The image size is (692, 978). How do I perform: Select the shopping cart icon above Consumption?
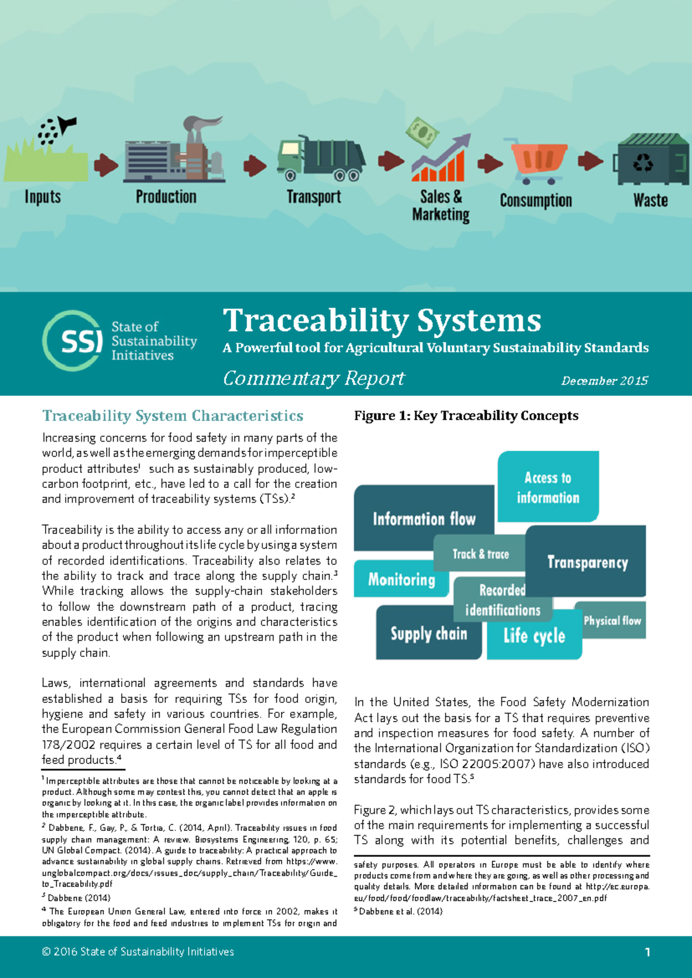tap(537, 160)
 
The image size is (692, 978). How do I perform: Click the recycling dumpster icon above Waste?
tap(652, 160)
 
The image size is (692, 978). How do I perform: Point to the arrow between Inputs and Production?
tap(106, 165)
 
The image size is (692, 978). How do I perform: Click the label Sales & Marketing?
tap(441, 206)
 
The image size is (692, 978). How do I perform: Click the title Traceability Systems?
tap(382, 321)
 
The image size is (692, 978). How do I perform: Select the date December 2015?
tap(604, 381)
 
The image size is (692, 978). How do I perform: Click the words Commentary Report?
tap(314, 378)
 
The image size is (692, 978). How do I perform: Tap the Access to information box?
tap(548, 487)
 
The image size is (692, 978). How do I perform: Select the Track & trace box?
tap(480, 554)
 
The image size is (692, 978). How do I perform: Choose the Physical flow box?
tap(612, 621)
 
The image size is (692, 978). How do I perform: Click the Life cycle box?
tap(534, 636)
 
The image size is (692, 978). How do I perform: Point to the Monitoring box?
tap(401, 579)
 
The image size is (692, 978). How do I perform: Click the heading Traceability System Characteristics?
tap(172, 416)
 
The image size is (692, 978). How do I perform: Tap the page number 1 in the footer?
tap(648, 952)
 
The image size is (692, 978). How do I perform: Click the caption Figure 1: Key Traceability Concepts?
tap(466, 416)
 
